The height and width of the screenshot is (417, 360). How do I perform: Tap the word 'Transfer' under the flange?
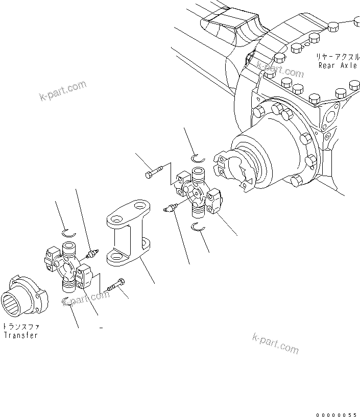pyautogui.click(x=20, y=335)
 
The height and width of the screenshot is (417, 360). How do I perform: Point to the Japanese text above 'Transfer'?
pyautogui.click(x=20, y=326)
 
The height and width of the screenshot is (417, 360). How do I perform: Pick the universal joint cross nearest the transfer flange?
pyautogui.click(x=68, y=265)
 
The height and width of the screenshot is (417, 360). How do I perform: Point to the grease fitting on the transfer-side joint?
pyautogui.click(x=92, y=253)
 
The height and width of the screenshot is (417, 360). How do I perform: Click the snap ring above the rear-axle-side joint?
pyautogui.click(x=198, y=158)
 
